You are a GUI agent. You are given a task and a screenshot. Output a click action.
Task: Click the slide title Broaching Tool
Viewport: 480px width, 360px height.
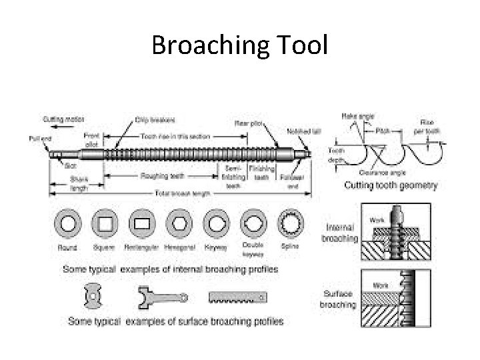(239, 45)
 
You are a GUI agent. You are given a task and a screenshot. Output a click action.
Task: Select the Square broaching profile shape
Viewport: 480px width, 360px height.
(103, 223)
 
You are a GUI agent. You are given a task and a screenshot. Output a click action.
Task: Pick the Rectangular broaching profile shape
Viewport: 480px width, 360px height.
(141, 223)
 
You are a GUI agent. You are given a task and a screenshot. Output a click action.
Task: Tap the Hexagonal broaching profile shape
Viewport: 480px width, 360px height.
(179, 223)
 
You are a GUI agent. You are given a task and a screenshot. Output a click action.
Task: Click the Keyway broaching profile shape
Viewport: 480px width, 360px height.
(215, 223)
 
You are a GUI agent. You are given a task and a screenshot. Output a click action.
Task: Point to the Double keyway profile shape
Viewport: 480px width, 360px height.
(253, 223)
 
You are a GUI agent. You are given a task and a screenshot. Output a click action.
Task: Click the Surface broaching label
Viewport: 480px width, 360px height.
(339, 299)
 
